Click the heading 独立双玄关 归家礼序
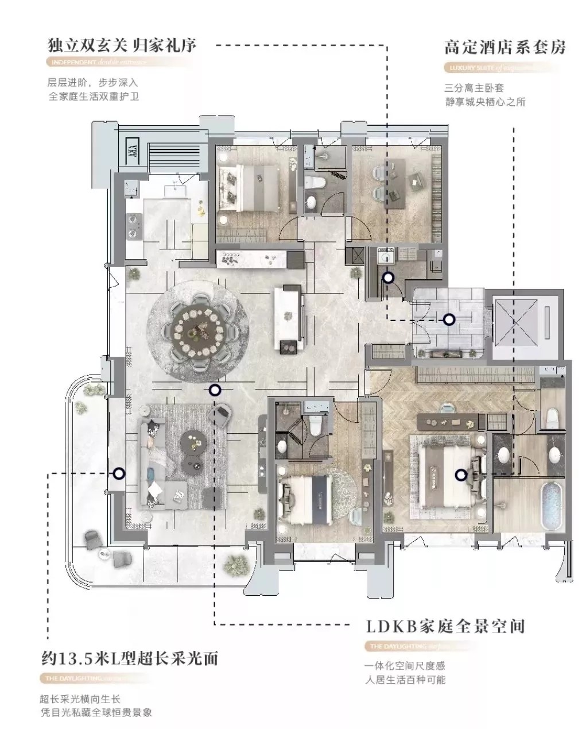coord(122,45)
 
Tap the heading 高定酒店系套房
coord(504,47)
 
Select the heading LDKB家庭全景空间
coord(445,626)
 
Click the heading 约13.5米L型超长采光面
coord(130,658)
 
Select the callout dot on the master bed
coord(460,475)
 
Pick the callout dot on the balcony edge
coord(119,474)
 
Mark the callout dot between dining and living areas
coord(215,391)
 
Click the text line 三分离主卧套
coord(474,88)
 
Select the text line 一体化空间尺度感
coord(405,666)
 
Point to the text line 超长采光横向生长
coord(80,699)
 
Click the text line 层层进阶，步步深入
coord(93,83)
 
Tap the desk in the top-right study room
coord(412,183)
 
